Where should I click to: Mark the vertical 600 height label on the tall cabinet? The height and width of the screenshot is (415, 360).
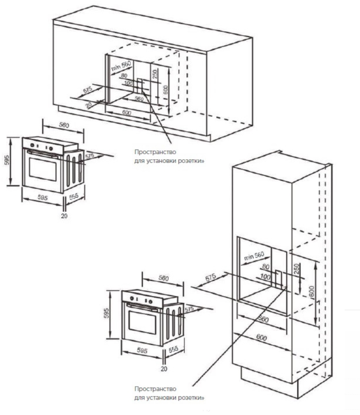pyautogui.click(x=311, y=293)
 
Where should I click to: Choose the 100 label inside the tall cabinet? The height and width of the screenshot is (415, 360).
pyautogui.click(x=266, y=277)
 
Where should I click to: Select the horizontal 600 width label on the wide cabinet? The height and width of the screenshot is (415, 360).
pyautogui.click(x=127, y=113)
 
